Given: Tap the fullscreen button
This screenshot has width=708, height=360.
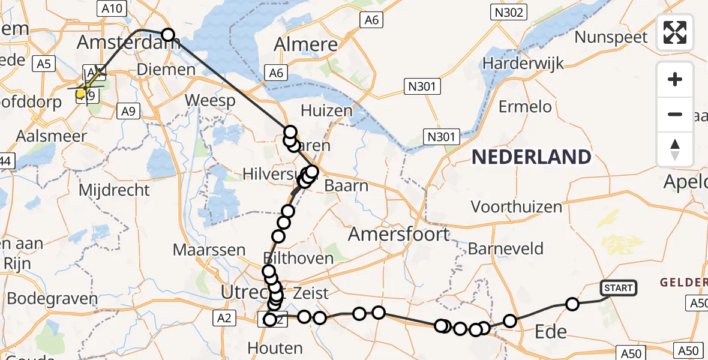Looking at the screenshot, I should (x=675, y=32).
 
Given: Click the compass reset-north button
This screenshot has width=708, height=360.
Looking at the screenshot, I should (x=675, y=149).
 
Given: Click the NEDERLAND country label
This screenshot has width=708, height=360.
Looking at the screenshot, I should (x=531, y=157).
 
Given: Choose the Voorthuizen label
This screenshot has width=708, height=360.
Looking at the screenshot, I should (x=517, y=207).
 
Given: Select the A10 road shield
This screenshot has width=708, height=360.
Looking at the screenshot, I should (x=109, y=8).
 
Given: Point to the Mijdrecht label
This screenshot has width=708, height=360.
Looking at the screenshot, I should (x=114, y=191).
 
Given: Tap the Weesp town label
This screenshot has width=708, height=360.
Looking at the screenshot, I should (x=210, y=100).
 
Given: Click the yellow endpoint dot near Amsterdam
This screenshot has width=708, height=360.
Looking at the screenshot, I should (x=80, y=93).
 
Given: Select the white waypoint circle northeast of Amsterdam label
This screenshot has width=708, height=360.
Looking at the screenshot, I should (x=167, y=35).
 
